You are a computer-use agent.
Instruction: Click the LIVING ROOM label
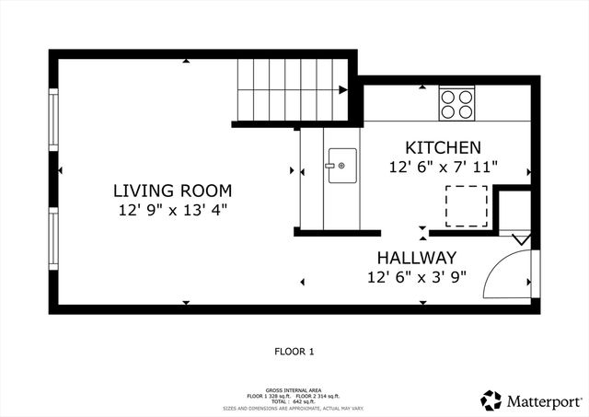(172, 191)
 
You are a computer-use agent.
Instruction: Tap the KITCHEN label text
(443, 147)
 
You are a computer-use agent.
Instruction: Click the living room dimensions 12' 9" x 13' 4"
(172, 210)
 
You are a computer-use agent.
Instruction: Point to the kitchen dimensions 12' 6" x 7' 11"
(443, 167)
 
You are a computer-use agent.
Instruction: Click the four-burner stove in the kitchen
(457, 103)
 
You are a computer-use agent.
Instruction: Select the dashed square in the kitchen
(468, 204)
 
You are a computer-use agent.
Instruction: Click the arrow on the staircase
(341, 90)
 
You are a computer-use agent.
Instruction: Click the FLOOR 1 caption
(294, 351)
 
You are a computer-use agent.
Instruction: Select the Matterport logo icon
(491, 400)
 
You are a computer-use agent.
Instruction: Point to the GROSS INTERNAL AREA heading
(294, 389)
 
